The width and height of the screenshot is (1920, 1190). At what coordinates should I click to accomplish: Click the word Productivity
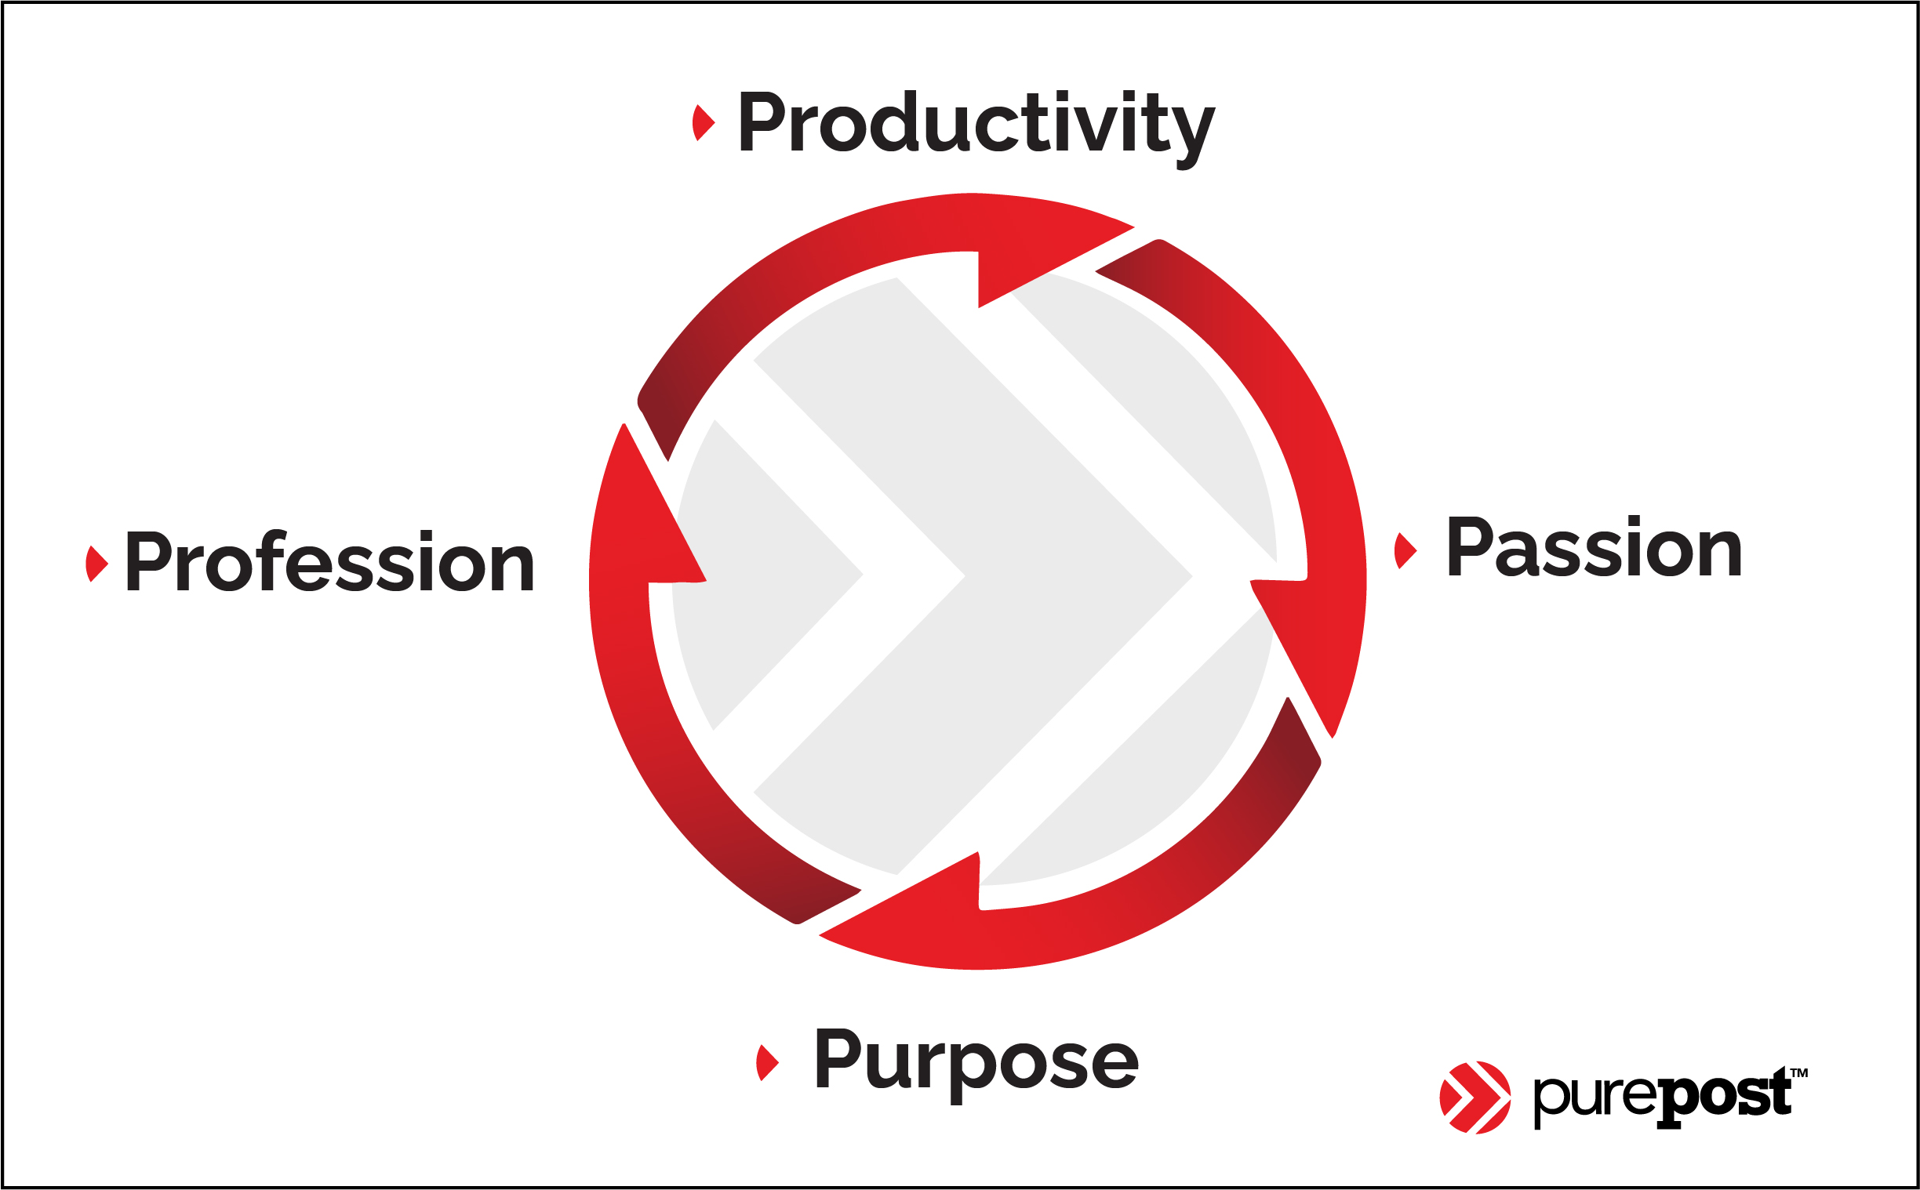point(976,128)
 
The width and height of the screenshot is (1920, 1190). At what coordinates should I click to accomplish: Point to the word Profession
point(330,561)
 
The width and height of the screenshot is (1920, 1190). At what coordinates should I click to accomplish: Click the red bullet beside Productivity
point(703,123)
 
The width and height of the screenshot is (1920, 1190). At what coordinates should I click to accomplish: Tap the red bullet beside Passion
point(1405,550)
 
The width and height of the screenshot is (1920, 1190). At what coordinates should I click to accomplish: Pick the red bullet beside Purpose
point(767,1063)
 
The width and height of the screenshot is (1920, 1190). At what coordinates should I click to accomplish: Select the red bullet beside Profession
point(96,564)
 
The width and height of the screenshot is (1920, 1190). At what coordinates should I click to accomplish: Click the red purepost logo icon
point(1475,1098)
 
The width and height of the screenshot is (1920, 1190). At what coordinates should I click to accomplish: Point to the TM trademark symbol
point(1799,1072)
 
